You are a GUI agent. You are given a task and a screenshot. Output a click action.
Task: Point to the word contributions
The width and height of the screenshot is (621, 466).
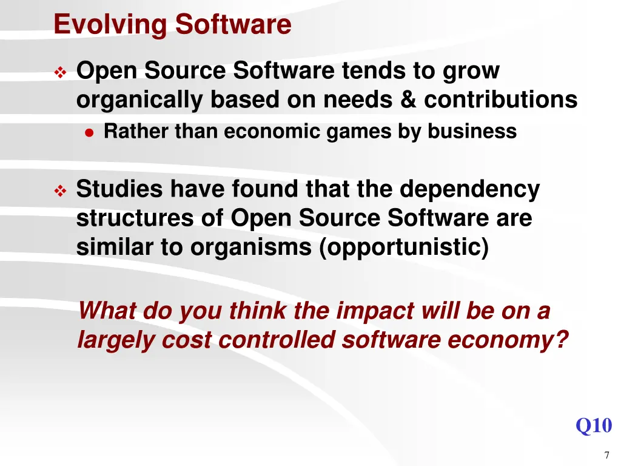[x=500, y=100]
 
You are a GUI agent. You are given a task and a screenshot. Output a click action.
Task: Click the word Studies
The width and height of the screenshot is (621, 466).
[x=119, y=189]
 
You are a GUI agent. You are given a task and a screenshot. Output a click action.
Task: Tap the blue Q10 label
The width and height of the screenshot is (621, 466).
[x=593, y=425]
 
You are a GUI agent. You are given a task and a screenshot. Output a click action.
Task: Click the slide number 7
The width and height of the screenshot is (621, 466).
[x=606, y=456]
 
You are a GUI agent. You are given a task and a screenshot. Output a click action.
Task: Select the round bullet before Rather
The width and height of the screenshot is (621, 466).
[x=89, y=132]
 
